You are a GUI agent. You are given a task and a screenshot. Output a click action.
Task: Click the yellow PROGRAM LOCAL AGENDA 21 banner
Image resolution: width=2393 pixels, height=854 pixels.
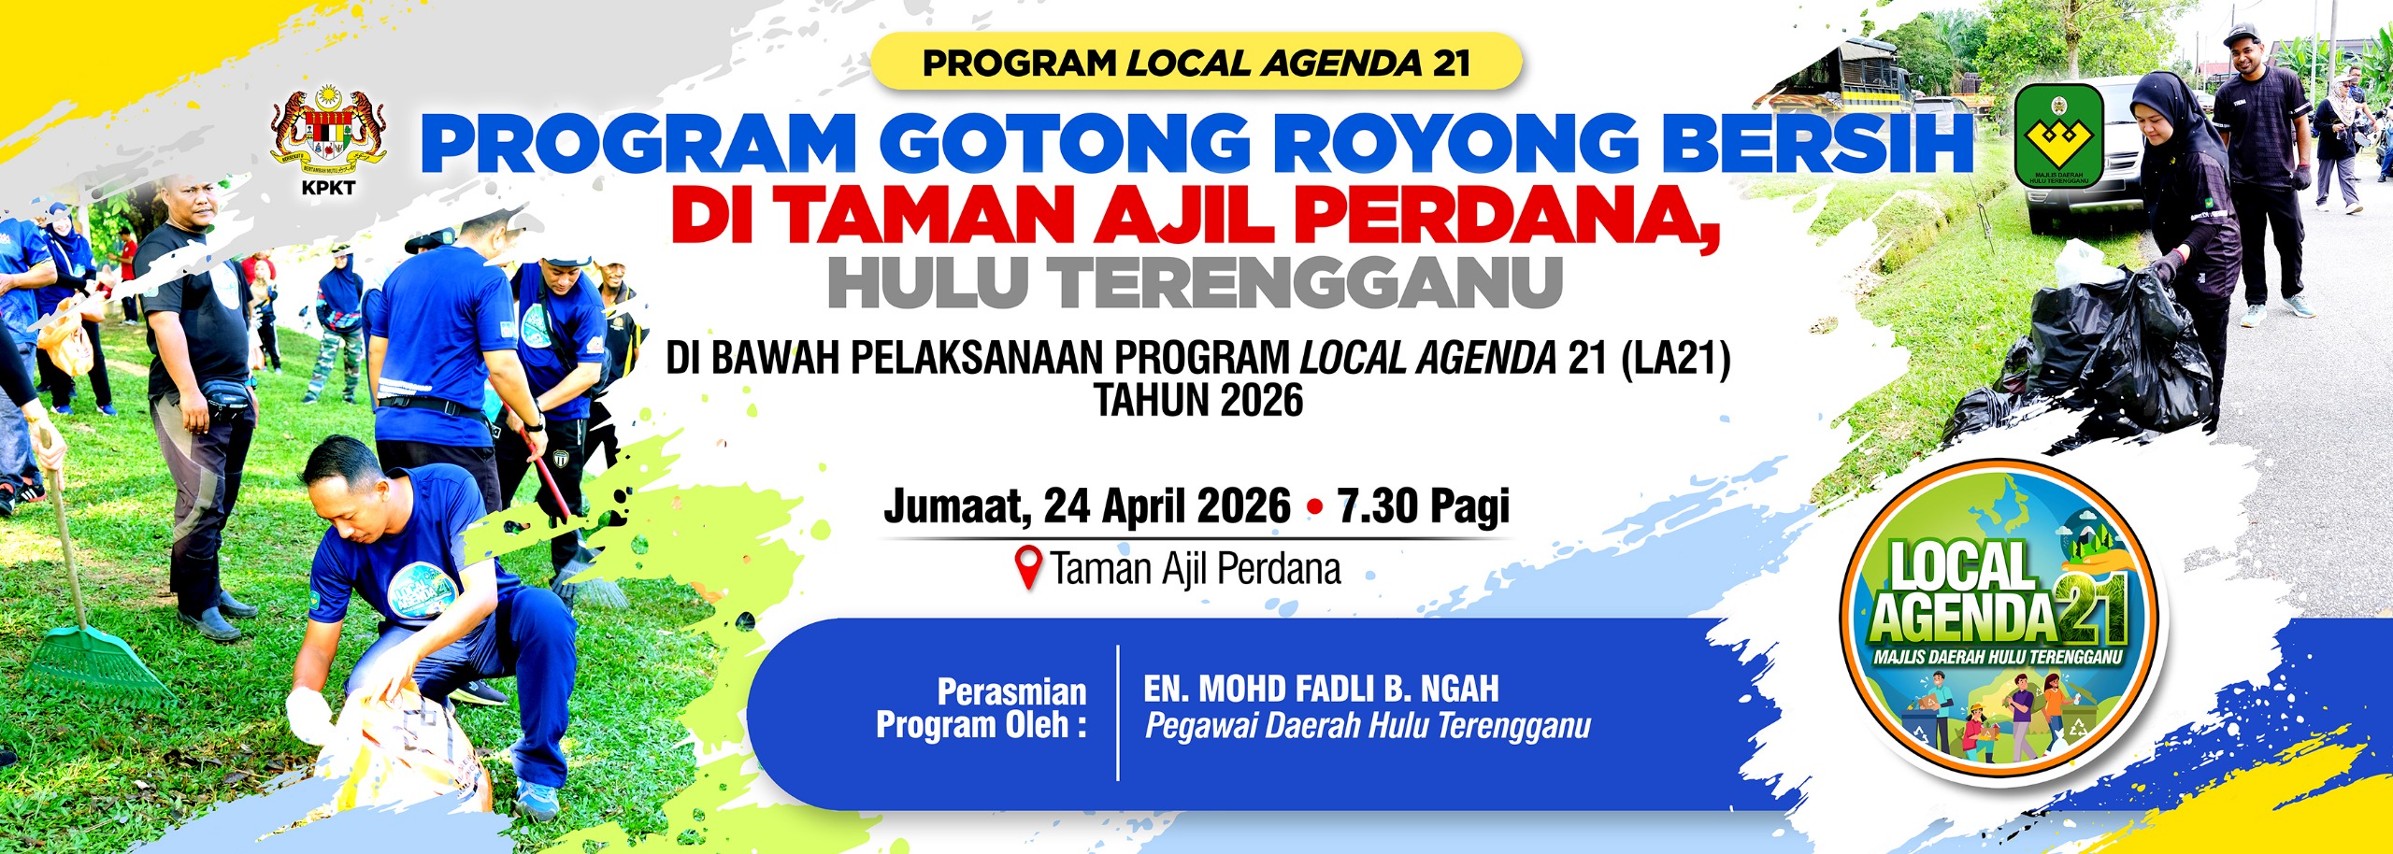point(1196,63)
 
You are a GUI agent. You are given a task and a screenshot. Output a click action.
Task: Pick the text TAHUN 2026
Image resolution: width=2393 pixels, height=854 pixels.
point(1198,401)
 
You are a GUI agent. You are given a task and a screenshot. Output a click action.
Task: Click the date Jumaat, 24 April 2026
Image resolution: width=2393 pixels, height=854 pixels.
point(1086,506)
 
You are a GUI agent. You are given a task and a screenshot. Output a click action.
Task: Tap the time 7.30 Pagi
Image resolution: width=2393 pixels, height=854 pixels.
point(1423,506)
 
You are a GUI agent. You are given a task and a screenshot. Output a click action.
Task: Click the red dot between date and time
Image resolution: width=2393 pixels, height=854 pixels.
point(1315,507)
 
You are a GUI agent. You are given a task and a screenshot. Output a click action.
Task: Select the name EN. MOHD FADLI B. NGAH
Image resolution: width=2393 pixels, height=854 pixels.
point(1320,690)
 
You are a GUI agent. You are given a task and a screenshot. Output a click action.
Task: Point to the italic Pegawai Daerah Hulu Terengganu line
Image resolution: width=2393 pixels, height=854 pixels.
point(1367,726)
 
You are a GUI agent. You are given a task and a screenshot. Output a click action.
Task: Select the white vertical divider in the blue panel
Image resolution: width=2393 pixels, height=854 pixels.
point(1118,712)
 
